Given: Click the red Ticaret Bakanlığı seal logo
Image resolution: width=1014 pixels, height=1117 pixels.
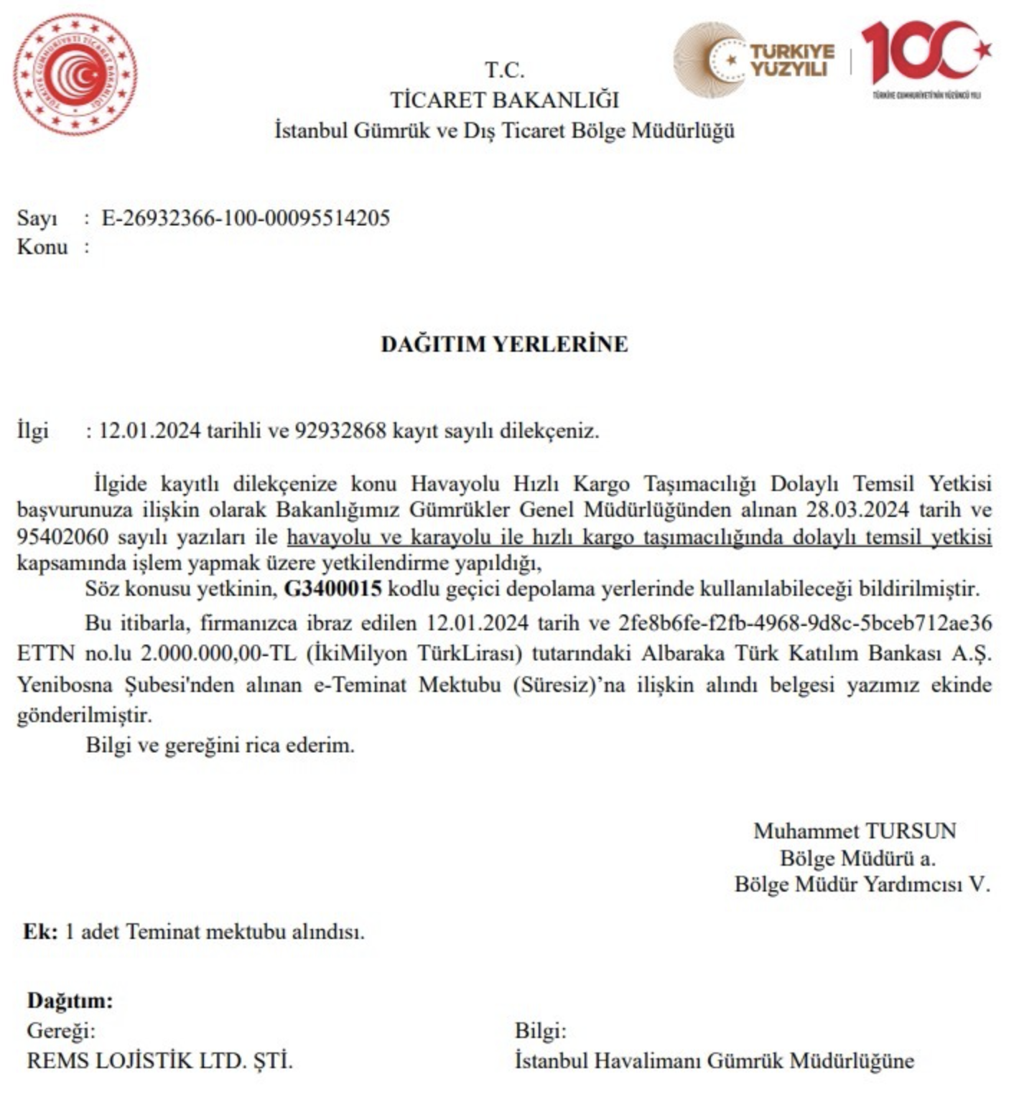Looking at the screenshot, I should [x=75, y=74].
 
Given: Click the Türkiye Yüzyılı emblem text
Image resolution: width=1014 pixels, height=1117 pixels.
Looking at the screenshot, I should [x=792, y=60].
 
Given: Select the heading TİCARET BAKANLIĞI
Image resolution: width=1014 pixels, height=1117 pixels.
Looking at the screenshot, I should [x=504, y=100].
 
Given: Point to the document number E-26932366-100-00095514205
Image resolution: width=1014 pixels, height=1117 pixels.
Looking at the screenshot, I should [x=246, y=218].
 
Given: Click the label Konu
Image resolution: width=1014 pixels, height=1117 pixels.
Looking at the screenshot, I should [x=42, y=247].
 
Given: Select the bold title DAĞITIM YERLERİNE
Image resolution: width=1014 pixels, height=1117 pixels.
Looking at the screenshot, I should [x=504, y=344].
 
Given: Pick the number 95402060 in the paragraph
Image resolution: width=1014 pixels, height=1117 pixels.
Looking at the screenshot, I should [x=62, y=537].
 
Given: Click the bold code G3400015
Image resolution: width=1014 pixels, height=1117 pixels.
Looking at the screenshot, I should [x=332, y=589].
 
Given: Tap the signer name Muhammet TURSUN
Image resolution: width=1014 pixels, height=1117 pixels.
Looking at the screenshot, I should [x=855, y=831].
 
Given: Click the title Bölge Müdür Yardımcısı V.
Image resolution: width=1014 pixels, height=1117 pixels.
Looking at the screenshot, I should [x=862, y=884].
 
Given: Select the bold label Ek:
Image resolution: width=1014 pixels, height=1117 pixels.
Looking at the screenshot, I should [x=40, y=931].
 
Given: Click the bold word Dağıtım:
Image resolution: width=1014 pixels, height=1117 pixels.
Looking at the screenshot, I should [x=70, y=1000].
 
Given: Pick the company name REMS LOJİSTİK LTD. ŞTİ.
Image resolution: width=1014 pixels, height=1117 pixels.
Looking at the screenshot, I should [x=159, y=1060].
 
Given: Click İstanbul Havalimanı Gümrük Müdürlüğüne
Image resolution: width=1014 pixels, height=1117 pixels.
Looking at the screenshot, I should [x=714, y=1060].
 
